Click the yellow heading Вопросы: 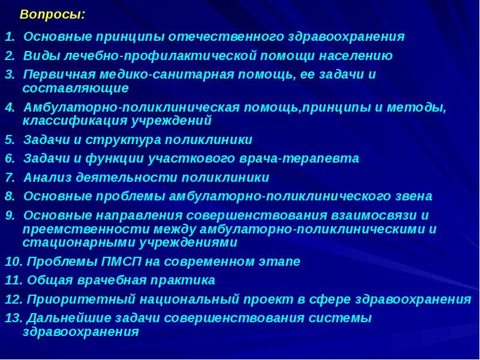coord(52,14)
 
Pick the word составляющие coord(76,88)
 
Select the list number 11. coord(13,281)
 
